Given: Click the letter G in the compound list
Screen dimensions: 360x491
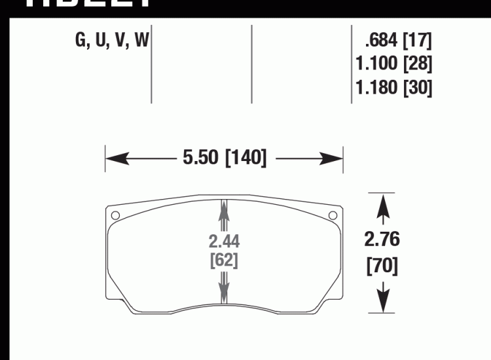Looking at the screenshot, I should [81, 42].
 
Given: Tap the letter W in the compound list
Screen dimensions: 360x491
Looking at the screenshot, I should [141, 42].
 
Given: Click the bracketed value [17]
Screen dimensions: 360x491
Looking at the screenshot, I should [417, 42].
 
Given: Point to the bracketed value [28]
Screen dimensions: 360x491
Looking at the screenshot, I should [417, 64].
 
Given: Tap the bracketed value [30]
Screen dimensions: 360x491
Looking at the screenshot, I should [417, 87].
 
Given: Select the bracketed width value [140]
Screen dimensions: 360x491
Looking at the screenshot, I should [245, 158].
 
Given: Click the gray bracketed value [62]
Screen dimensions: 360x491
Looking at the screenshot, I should [224, 260].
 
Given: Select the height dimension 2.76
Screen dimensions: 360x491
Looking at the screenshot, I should [382, 240].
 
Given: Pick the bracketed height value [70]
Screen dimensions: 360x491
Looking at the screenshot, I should [382, 266].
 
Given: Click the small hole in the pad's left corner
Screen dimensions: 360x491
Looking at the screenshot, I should [115, 215].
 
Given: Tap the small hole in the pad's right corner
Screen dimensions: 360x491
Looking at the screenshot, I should [332, 215].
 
